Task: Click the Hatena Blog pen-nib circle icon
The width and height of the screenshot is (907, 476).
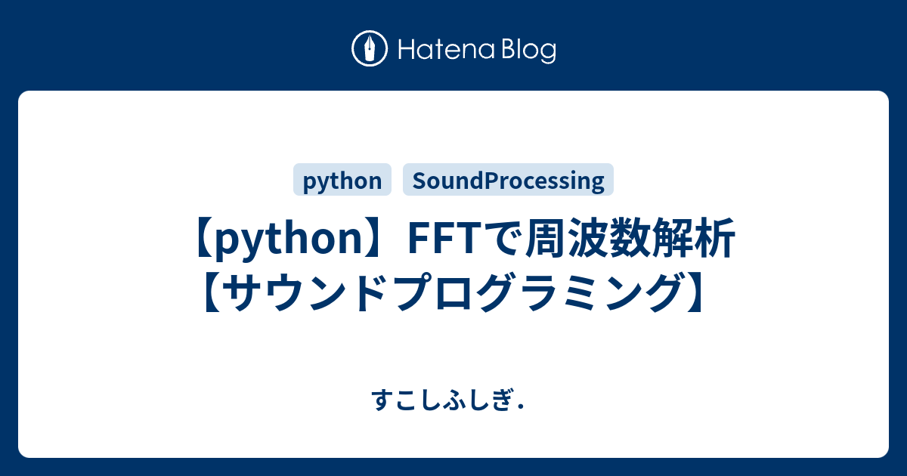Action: (x=370, y=49)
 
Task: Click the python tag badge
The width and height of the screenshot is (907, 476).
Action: (x=342, y=181)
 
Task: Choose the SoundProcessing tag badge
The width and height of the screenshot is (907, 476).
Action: (x=508, y=181)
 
